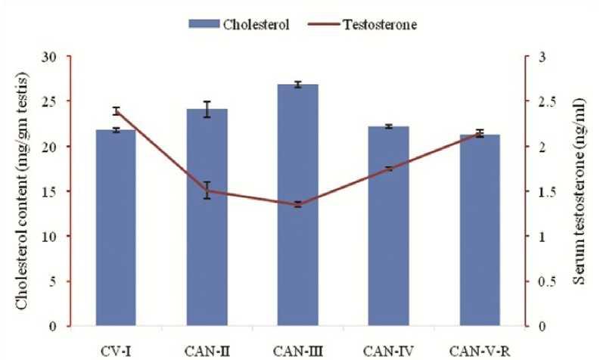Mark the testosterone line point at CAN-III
(x=298, y=204)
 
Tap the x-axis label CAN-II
(x=207, y=349)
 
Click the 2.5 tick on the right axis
(x=538, y=101)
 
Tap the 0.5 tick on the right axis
(x=538, y=281)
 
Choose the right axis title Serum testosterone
(x=578, y=192)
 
